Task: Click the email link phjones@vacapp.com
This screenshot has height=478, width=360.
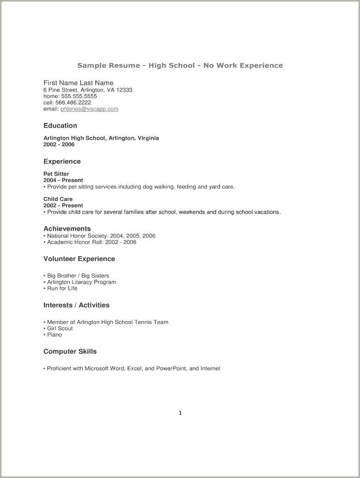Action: click(90, 109)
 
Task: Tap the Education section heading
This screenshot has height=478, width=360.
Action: click(60, 126)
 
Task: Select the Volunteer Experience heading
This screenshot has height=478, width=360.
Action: click(79, 259)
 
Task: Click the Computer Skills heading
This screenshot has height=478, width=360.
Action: click(70, 352)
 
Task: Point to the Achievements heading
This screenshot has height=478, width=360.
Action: click(67, 229)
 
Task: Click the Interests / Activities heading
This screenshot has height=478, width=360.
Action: click(77, 305)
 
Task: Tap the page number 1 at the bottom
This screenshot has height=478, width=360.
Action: click(180, 413)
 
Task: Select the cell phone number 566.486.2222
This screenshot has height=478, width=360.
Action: click(74, 103)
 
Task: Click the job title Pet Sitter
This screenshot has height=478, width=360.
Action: click(56, 174)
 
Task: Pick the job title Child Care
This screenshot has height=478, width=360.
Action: click(58, 199)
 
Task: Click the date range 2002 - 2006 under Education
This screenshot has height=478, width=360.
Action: click(59, 144)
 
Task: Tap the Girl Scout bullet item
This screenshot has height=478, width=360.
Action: click(60, 329)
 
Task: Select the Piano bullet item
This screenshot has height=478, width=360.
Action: click(54, 335)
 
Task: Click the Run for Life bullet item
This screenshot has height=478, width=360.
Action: click(62, 288)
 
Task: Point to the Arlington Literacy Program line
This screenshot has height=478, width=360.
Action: click(82, 282)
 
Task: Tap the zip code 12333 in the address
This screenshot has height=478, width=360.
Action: click(124, 90)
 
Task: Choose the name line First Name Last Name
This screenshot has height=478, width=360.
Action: click(78, 83)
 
